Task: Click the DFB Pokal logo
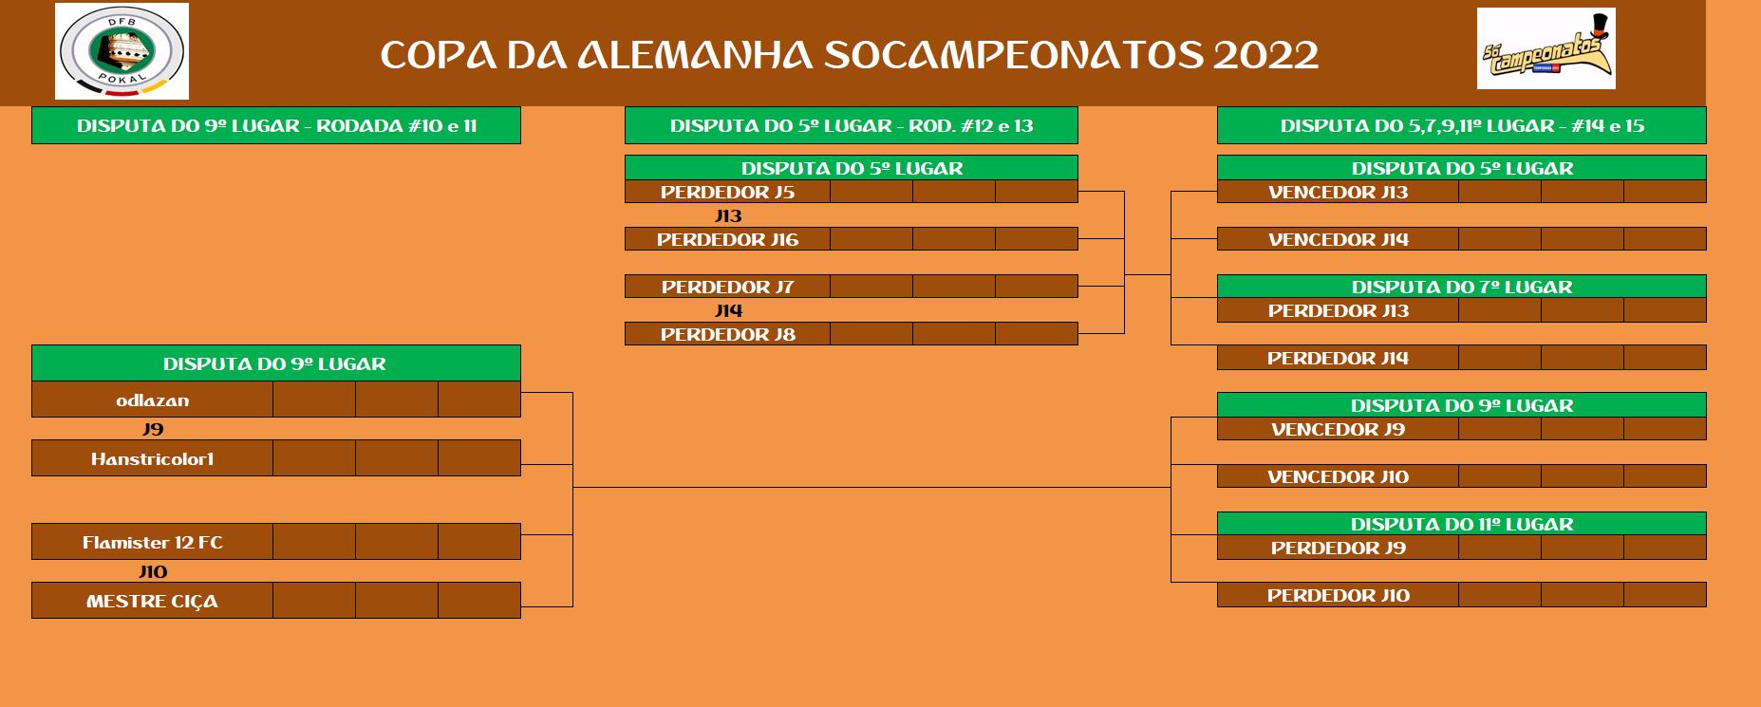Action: [x=122, y=51]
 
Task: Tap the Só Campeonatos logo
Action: [x=1546, y=48]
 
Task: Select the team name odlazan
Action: [x=152, y=400]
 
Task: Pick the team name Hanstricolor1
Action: [x=152, y=459]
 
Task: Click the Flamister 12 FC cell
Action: [x=152, y=542]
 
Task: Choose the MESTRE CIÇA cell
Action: [x=152, y=601]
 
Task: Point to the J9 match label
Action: [x=153, y=429]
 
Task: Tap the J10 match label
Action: [x=153, y=571]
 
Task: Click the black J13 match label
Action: [x=728, y=215]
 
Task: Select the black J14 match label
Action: [x=728, y=310]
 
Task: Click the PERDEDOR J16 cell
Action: [x=727, y=239]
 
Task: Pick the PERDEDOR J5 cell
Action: [x=727, y=192]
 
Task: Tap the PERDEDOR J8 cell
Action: [x=727, y=334]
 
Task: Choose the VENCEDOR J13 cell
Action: [x=1338, y=192]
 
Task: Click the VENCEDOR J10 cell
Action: [x=1338, y=476]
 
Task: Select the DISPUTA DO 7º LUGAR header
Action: [x=1461, y=287]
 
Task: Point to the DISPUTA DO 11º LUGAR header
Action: [x=1461, y=524]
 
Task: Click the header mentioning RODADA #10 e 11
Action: [x=276, y=125]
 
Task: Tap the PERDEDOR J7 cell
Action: [x=727, y=287]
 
